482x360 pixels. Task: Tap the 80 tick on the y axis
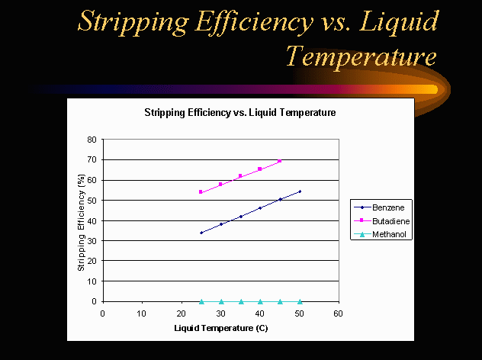click(x=92, y=140)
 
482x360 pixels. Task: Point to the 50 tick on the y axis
click(x=92, y=201)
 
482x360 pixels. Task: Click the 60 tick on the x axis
click(x=339, y=313)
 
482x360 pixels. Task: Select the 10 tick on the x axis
click(x=142, y=313)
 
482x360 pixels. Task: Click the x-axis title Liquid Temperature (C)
click(x=221, y=328)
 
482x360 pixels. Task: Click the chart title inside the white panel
click(x=240, y=112)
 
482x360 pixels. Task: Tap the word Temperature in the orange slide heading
click(x=361, y=55)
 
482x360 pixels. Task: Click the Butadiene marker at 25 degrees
click(x=201, y=192)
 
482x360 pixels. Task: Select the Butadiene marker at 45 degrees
click(x=280, y=161)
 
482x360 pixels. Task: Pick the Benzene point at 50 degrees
click(x=300, y=191)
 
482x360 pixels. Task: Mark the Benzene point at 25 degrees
click(x=201, y=233)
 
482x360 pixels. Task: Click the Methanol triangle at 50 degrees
click(x=300, y=301)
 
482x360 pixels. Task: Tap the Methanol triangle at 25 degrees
click(x=201, y=301)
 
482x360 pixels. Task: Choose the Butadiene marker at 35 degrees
click(x=240, y=176)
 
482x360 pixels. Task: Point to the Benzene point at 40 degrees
click(x=260, y=207)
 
